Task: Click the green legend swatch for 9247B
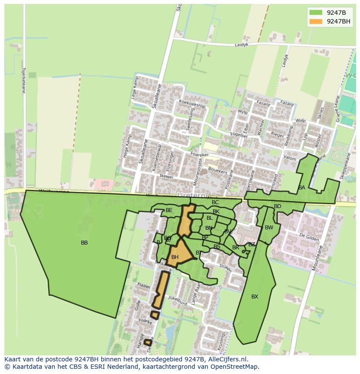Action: click(x=316, y=13)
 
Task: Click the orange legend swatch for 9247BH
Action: click(x=316, y=21)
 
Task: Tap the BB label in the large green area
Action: click(x=84, y=243)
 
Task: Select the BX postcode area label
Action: click(x=255, y=297)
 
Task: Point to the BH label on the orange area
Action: click(x=175, y=257)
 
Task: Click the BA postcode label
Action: click(x=302, y=188)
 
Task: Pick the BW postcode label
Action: click(x=269, y=228)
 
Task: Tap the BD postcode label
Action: click(x=277, y=206)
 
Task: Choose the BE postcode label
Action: click(x=169, y=210)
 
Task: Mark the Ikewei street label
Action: click(x=167, y=177)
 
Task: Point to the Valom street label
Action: click(x=290, y=159)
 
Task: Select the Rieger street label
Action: click(x=277, y=135)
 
